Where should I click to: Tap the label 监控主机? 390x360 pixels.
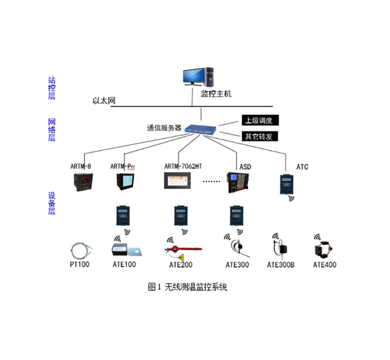point(217,94)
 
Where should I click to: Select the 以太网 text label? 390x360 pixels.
point(101,100)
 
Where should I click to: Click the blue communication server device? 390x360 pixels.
point(201,129)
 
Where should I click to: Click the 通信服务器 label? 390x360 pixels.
point(164,129)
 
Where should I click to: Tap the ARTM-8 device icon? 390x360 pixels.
point(83,182)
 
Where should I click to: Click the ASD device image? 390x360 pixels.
point(238,183)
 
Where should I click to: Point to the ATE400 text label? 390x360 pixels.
point(325,265)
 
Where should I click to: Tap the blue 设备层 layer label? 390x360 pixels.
point(52,203)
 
